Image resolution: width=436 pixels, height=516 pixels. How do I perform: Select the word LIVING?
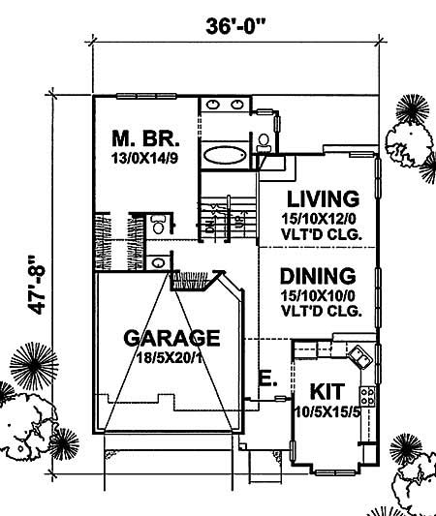click(x=316, y=197)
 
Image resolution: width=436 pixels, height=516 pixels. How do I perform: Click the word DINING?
click(x=317, y=276)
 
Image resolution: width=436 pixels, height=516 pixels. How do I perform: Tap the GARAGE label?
click(x=172, y=338)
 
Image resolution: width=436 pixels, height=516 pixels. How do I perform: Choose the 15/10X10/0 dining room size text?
click(x=317, y=295)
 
